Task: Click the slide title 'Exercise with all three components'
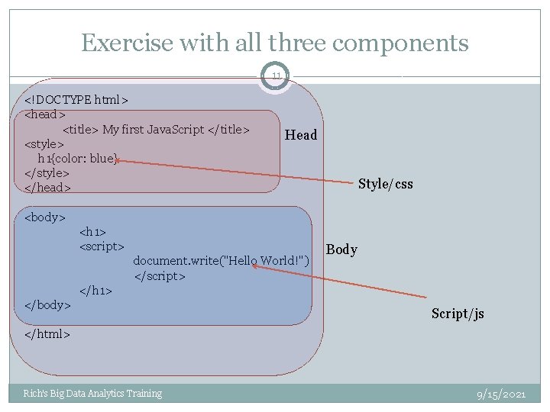click(x=275, y=43)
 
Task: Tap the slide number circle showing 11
click(x=276, y=76)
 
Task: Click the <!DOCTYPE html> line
click(x=76, y=100)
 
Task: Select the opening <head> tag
click(x=45, y=114)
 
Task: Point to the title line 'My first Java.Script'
click(x=156, y=129)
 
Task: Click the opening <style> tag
click(x=44, y=143)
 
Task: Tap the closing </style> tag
click(x=47, y=173)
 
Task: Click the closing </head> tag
click(x=47, y=188)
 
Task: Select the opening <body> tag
click(x=45, y=217)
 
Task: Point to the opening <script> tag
click(x=102, y=246)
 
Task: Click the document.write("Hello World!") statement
click(x=222, y=261)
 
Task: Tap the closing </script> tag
click(x=160, y=275)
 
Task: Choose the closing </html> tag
click(x=47, y=334)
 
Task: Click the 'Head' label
click(x=300, y=135)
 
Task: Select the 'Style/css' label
click(x=385, y=184)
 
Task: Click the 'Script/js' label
click(x=458, y=314)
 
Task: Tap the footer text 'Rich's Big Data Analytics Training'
click(x=92, y=394)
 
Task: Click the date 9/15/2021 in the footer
click(x=501, y=394)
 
